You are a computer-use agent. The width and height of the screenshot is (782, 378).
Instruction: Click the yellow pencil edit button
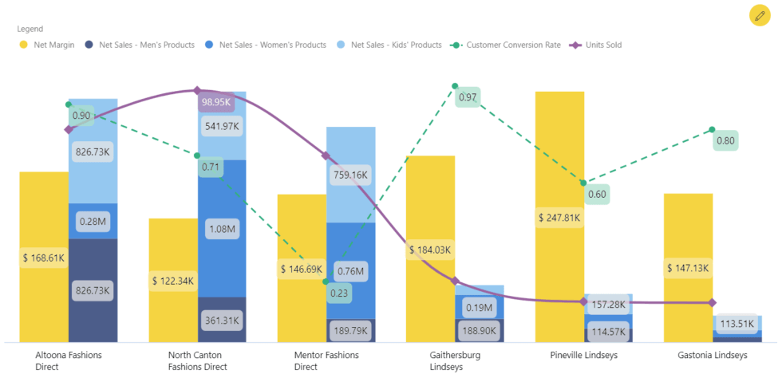pos(760,15)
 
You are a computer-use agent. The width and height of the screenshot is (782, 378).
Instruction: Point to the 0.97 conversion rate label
pos(468,98)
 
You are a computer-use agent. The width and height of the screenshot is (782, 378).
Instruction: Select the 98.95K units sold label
pos(216,102)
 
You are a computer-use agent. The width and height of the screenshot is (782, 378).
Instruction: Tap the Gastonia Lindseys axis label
pos(712,355)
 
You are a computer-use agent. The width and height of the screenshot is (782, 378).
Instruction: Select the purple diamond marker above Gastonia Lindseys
pos(712,303)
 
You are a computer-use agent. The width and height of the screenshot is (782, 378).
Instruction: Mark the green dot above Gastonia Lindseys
pos(712,130)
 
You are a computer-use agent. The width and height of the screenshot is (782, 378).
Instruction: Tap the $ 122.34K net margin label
pos(173,281)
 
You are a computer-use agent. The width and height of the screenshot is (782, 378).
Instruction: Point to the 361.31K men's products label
pos(221,320)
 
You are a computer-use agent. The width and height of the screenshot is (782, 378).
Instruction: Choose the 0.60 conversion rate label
pos(596,194)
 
